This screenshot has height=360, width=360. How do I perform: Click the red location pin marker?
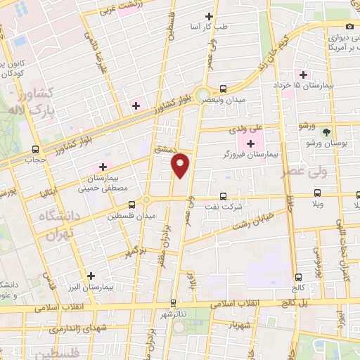coord(181,165)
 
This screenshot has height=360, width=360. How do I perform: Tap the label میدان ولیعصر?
coord(226,101)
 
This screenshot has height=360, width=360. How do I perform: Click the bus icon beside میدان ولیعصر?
coord(223,89)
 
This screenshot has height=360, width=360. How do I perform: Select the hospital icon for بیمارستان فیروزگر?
coord(250,144)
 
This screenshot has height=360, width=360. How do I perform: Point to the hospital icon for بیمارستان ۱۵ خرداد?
coord(304,75)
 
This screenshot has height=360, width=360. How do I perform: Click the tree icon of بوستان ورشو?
coord(325,131)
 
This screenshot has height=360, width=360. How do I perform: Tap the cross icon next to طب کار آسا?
coord(209,16)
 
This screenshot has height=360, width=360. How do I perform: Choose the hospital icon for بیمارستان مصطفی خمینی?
coord(103,167)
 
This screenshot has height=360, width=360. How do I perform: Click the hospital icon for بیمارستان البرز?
coord(90,276)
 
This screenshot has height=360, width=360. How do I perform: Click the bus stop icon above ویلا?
coord(318,192)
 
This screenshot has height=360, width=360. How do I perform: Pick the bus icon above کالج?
coord(300,277)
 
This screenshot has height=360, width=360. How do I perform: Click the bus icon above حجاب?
coord(36,149)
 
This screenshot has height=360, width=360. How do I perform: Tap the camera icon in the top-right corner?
coord(349,26)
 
